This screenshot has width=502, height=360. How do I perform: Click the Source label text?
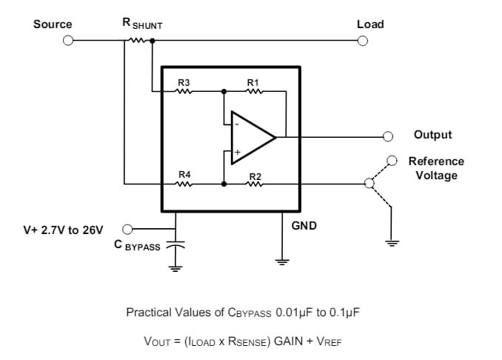tap(53, 24)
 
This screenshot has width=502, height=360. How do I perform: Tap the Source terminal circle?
tap(67, 41)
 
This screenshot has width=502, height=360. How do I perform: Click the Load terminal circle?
tap(363, 41)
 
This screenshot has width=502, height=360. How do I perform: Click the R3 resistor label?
tap(184, 82)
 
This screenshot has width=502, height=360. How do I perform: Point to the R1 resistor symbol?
tap(254, 92)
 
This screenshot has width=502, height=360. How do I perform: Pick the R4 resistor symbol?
tap(184, 184)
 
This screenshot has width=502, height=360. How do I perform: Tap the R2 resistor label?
tap(255, 175)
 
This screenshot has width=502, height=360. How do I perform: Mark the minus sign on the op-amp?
tap(237, 124)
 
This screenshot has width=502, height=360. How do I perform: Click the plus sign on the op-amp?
tap(238, 152)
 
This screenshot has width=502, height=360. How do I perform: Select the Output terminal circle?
tap(387, 136)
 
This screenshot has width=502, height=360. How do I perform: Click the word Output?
tap(432, 135)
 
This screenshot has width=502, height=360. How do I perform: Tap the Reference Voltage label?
tap(436, 168)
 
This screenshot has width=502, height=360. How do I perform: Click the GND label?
tap(304, 225)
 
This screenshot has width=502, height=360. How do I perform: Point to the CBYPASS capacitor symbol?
tap(175, 244)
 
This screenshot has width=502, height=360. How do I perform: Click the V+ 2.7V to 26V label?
tap(64, 230)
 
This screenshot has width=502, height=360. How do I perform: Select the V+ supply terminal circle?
tap(127, 229)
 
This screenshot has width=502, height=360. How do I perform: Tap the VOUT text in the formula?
tap(157, 341)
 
